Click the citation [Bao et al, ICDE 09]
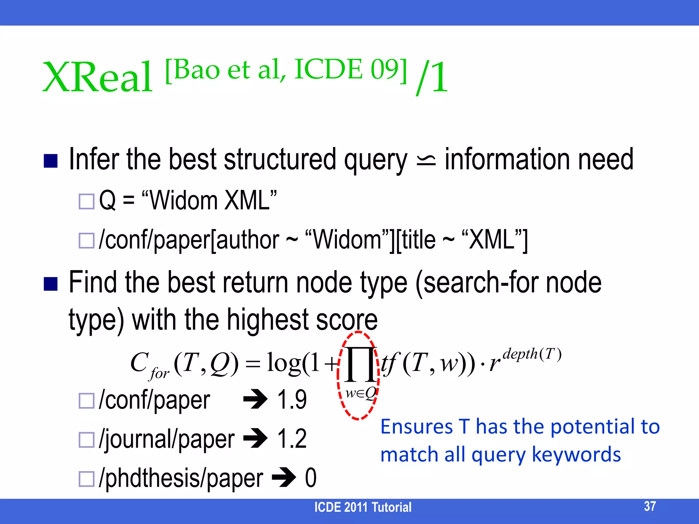click(x=286, y=70)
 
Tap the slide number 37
click(x=650, y=506)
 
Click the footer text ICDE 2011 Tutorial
click(x=362, y=507)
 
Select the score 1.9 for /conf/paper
click(x=292, y=399)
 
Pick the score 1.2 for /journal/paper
click(x=292, y=439)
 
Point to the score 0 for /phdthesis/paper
click(x=311, y=478)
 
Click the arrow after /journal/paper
click(x=255, y=438)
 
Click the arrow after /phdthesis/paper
click(x=284, y=477)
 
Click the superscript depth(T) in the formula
click(x=532, y=354)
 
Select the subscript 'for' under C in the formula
click(x=159, y=373)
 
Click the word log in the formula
click(x=283, y=362)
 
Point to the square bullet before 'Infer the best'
click(x=51, y=161)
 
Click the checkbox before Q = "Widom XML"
click(x=86, y=201)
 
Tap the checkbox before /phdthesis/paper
click(x=86, y=479)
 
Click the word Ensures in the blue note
click(x=416, y=427)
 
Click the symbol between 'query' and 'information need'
click(x=426, y=160)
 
